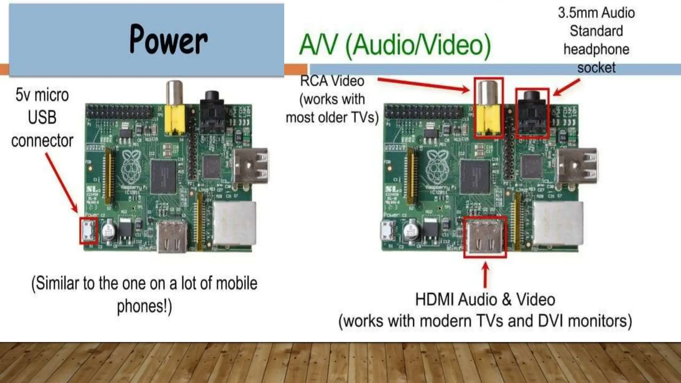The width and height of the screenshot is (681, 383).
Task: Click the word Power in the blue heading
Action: pyautogui.click(x=169, y=40)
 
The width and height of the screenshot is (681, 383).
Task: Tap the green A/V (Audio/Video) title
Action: pyautogui.click(x=395, y=45)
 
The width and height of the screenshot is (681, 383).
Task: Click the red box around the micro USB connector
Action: pyautogui.click(x=88, y=231)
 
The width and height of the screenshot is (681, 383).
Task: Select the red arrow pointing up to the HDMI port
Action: pyautogui.click(x=485, y=275)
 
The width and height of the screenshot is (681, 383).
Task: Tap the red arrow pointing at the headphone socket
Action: pyautogui.click(x=567, y=87)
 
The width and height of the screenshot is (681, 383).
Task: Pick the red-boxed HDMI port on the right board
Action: pyautogui.click(x=485, y=236)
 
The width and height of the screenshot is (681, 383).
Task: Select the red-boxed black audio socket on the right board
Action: pyautogui.click(x=532, y=113)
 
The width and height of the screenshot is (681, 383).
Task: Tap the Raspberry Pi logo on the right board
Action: pyautogui.click(x=438, y=167)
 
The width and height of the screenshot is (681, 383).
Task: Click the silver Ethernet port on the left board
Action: pyautogui.click(x=234, y=223)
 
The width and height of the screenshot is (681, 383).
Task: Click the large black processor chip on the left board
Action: pyautogui.click(x=163, y=176)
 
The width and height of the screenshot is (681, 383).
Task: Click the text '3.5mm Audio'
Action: pyautogui.click(x=596, y=13)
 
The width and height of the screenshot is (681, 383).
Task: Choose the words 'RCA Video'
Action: pyautogui.click(x=332, y=81)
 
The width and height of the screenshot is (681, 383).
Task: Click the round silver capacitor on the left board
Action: pyautogui.click(x=109, y=231)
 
